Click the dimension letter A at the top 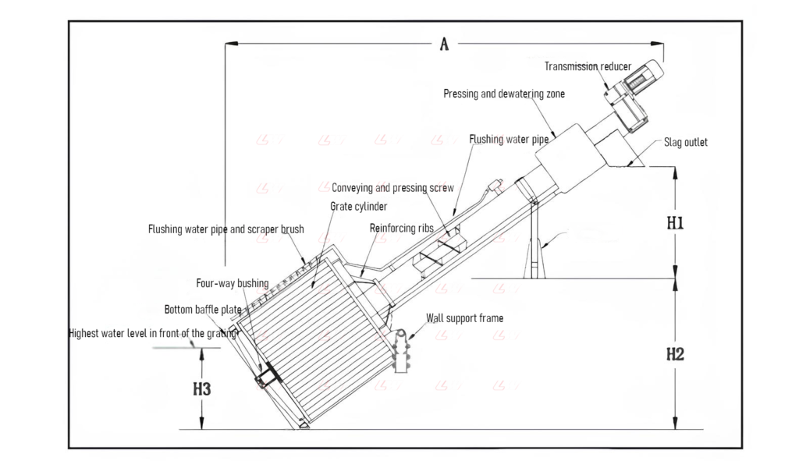pyautogui.click(x=444, y=44)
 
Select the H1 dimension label pyautogui.click(x=675, y=223)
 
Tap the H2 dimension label pyautogui.click(x=675, y=353)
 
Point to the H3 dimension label pyautogui.click(x=201, y=388)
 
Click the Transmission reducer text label pyautogui.click(x=588, y=67)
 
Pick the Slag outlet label pyautogui.click(x=686, y=143)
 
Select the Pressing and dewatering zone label pyautogui.click(x=504, y=94)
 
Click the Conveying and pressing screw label pyautogui.click(x=392, y=188)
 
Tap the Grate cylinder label pyautogui.click(x=359, y=207)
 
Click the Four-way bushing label pyautogui.click(x=232, y=283)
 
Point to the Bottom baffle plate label pyautogui.click(x=203, y=310)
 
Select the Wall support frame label pyautogui.click(x=464, y=318)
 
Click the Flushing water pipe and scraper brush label pyautogui.click(x=226, y=229)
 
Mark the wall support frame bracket pyautogui.click(x=402, y=351)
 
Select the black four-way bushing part pyautogui.click(x=265, y=376)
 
